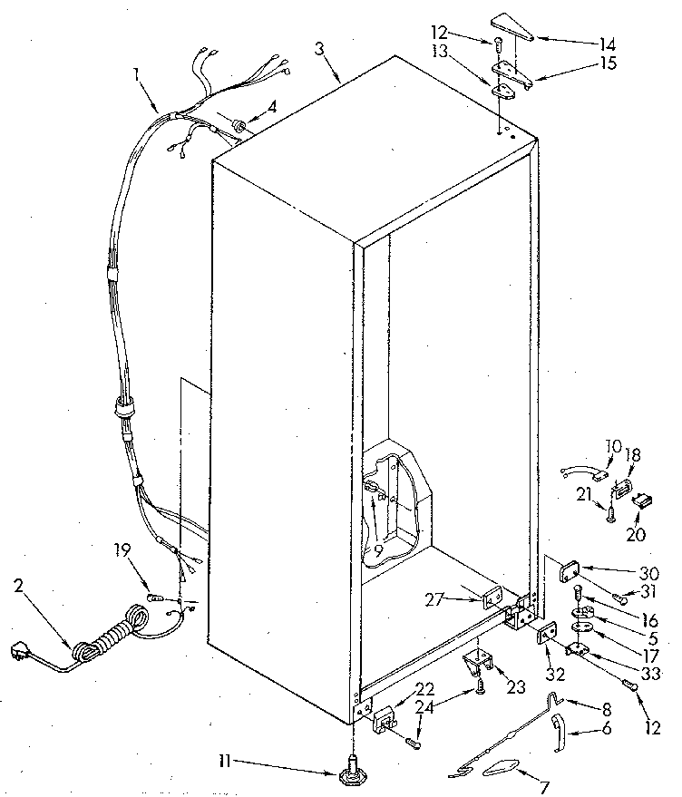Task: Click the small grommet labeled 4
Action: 239,122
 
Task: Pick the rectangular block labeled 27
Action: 490,599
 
